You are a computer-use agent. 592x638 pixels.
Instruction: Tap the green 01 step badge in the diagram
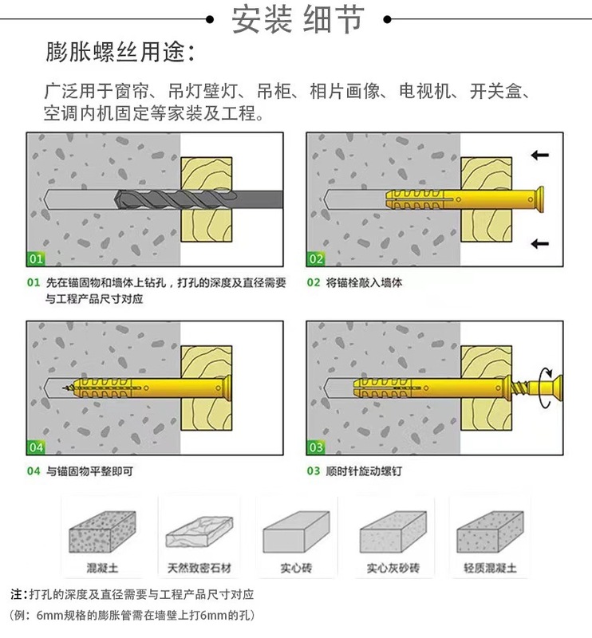(36, 258)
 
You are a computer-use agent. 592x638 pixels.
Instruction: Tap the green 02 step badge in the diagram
(316, 258)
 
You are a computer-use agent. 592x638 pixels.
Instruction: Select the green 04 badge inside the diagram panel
(36, 447)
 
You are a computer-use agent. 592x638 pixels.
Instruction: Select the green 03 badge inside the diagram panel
(316, 447)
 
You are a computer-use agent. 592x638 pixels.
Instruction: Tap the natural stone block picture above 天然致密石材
(199, 530)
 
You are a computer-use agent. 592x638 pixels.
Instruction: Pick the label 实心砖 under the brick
(296, 569)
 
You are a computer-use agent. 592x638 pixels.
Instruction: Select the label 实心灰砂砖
(393, 569)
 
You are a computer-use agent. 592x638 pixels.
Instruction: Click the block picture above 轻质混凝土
(490, 530)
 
